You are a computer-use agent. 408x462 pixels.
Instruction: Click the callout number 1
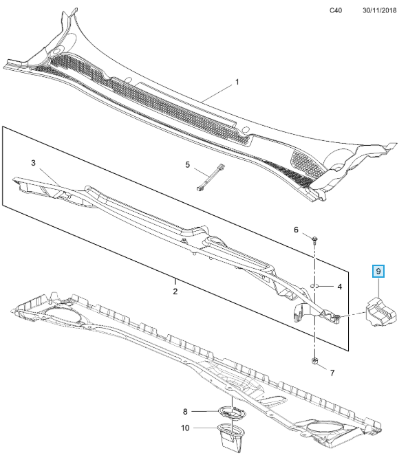click(x=237, y=82)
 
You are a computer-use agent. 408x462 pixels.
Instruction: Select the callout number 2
click(x=175, y=291)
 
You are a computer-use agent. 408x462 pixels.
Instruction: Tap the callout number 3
click(x=33, y=163)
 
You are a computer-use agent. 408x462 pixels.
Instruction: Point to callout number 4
click(x=340, y=287)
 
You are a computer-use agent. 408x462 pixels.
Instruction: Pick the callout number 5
click(x=188, y=164)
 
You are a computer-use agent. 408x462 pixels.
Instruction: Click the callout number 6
click(x=296, y=230)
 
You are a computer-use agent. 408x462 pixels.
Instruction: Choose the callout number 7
click(x=332, y=373)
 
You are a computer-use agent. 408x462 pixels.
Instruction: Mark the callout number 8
click(x=185, y=411)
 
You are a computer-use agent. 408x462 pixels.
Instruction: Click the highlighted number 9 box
click(x=378, y=271)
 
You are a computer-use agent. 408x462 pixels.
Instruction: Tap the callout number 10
click(x=185, y=428)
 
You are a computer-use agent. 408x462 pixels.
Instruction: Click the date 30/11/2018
click(x=379, y=10)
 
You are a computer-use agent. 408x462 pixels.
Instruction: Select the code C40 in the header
click(x=336, y=10)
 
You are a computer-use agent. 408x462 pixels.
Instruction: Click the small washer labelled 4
click(x=315, y=286)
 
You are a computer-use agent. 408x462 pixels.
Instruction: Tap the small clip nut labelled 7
click(x=315, y=360)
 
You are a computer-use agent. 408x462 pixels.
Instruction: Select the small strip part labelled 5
click(x=210, y=176)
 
